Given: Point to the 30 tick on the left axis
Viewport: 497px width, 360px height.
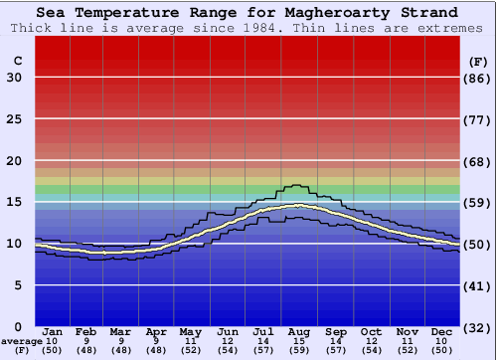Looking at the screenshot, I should coord(15,78).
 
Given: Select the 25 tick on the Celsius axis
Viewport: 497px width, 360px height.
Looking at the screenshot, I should coord(15,119).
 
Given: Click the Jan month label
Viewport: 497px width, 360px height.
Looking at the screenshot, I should coord(54,331).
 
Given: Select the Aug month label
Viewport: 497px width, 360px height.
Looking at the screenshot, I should coord(299,331).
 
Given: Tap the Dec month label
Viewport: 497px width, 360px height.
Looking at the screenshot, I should coord(442,331).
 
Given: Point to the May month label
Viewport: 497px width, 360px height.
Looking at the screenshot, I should coord(191,331).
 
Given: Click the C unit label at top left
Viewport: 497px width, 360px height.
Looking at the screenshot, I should coord(17,61).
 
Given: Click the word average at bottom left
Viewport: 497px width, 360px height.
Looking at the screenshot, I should coord(21,341).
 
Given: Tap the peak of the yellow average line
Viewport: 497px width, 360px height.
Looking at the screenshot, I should coord(298,205).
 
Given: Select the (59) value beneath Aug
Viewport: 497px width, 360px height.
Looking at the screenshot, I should coord(299,351).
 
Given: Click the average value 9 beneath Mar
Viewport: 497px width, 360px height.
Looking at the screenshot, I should coord(120,341).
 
